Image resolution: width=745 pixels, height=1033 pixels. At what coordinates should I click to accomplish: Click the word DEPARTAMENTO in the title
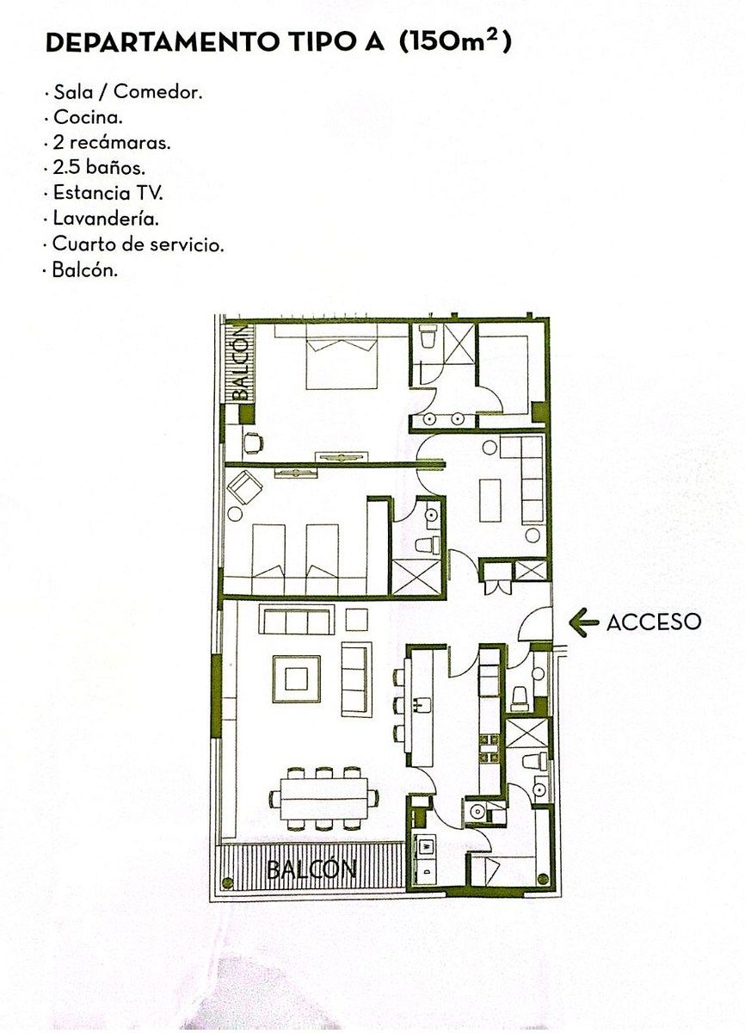point(162,43)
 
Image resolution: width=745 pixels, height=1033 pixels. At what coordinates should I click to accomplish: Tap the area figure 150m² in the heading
point(454,42)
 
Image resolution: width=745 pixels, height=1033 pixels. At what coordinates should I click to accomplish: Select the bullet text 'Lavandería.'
point(106,218)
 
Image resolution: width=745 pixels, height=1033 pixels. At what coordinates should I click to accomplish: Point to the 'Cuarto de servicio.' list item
point(138,244)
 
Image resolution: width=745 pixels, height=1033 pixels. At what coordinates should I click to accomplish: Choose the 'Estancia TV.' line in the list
point(108,193)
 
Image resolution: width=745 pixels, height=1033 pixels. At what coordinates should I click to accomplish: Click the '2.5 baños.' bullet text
point(99,168)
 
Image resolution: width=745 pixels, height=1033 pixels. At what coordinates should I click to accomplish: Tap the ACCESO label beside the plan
point(654,622)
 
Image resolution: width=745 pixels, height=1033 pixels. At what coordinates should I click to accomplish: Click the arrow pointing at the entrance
point(583,622)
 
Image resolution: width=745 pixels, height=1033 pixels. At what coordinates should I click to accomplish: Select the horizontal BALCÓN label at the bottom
point(312,869)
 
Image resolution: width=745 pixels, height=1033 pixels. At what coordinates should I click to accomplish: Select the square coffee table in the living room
point(296,679)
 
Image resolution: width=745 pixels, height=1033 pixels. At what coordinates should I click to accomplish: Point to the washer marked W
point(425,845)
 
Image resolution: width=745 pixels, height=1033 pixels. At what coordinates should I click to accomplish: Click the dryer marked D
point(425,871)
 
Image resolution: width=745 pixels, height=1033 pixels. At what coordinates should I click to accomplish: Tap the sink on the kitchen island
point(423,704)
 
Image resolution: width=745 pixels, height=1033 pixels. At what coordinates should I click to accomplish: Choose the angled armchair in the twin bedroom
point(244,487)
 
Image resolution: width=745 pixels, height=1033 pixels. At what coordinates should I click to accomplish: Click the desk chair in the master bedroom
point(253,442)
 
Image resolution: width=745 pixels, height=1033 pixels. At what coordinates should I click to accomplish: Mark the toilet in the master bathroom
point(429,337)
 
